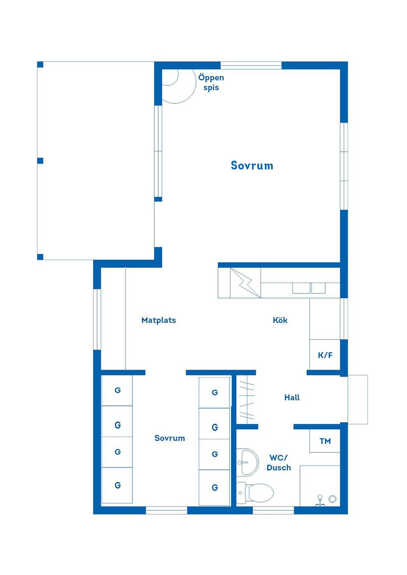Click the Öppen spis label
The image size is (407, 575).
click(x=211, y=83)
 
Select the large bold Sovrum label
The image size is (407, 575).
click(x=252, y=166)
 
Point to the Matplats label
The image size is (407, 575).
click(x=159, y=320)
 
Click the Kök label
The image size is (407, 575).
click(x=280, y=320)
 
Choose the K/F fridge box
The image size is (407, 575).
click(x=325, y=355)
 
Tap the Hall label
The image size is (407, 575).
click(x=292, y=397)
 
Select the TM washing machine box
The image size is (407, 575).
click(x=325, y=441)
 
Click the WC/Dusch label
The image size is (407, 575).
click(x=279, y=462)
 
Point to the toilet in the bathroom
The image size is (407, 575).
click(x=256, y=493)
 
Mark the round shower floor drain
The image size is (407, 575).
click(x=332, y=499)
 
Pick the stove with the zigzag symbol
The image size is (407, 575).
click(x=245, y=282)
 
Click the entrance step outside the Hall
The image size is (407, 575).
click(x=357, y=399)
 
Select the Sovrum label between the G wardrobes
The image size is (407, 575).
click(x=170, y=438)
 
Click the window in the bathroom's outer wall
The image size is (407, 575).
click(x=273, y=511)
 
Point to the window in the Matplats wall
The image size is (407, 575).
click(x=97, y=319)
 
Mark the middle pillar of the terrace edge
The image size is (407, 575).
click(x=40, y=160)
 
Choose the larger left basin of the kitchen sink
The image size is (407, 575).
click(x=301, y=288)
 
